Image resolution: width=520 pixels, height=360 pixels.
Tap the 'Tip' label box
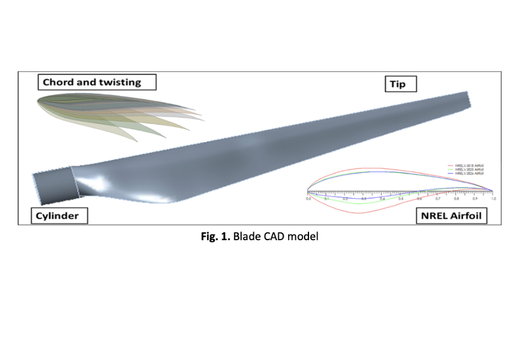point(400,83)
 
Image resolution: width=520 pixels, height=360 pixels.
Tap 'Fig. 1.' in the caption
point(214,236)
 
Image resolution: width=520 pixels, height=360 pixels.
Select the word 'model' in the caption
point(305,236)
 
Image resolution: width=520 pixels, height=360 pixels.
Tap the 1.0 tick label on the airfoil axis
point(493,197)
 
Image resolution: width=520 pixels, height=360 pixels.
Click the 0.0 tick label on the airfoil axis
point(308,197)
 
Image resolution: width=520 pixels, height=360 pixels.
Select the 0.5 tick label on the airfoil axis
point(401,197)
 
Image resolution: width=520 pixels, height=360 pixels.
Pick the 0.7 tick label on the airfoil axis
point(437,197)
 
